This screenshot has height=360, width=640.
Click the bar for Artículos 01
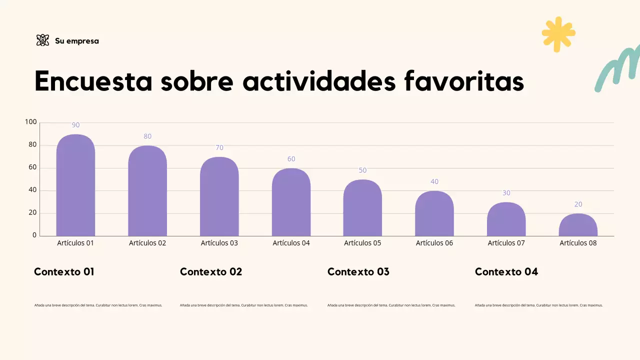75,185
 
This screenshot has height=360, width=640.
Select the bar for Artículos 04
291,202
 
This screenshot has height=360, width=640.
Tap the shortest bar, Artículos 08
578,225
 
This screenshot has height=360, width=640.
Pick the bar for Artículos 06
434,213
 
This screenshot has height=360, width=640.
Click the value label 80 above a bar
147,136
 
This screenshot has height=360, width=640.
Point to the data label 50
362,170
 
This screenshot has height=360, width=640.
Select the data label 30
506,193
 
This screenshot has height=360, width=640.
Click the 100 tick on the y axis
31,122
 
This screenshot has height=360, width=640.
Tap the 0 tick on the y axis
34,235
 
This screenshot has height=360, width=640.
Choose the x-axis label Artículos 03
219,243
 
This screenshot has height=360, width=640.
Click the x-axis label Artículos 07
506,243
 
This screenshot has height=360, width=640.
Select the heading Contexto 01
64,272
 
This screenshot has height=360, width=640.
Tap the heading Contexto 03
358,272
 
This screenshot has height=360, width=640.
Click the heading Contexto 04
506,272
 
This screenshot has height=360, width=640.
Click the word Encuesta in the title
93,81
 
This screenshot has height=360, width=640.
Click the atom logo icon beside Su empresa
43,40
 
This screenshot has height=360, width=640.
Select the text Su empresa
77,41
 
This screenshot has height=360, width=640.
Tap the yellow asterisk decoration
558,34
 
